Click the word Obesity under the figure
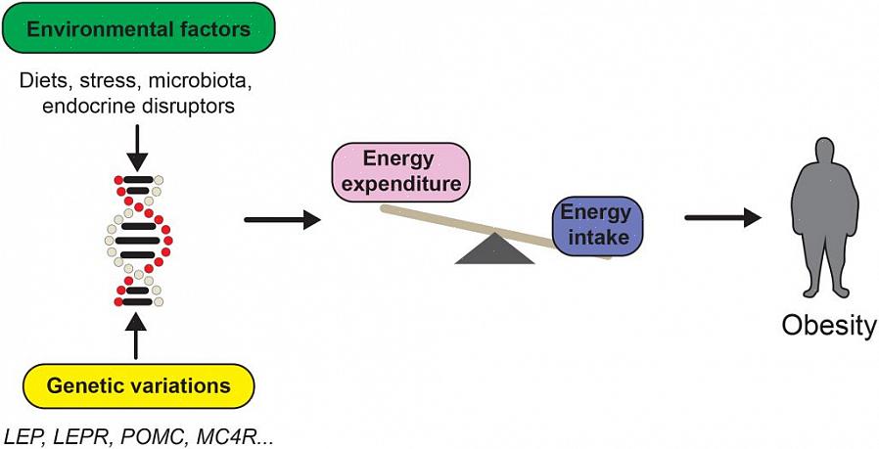point(828,326)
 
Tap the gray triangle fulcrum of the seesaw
point(494,249)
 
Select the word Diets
point(46,79)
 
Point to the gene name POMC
point(149,432)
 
